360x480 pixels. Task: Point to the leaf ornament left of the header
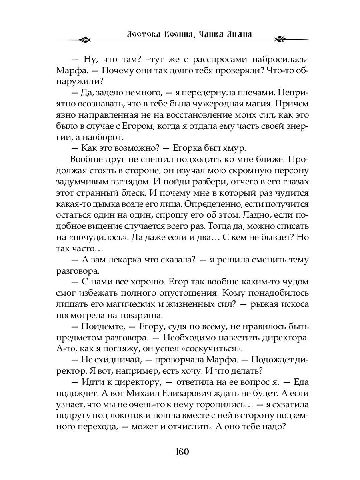click(x=85, y=40)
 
